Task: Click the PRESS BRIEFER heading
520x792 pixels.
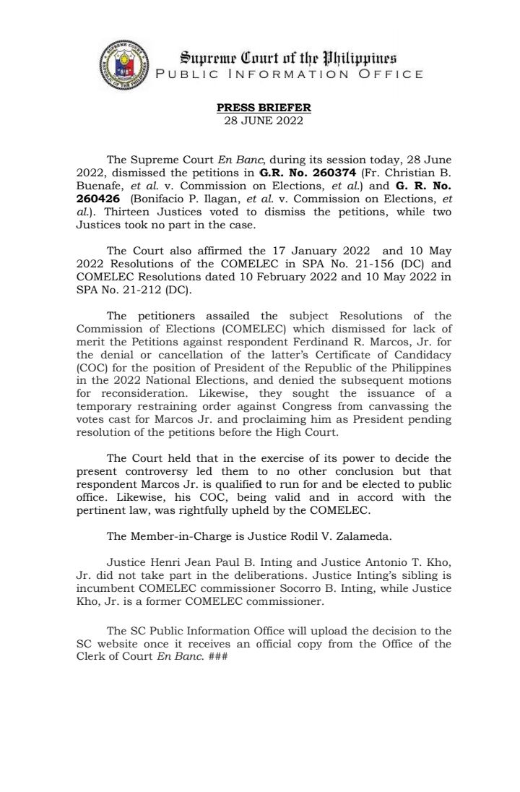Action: [264, 108]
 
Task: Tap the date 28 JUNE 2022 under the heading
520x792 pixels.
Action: [264, 119]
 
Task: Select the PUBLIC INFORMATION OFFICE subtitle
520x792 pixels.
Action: [290, 74]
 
